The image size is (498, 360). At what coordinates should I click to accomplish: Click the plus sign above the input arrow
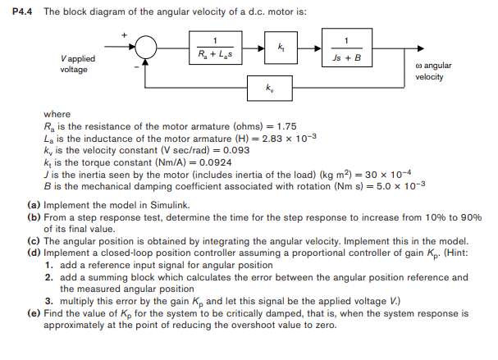coord(125,34)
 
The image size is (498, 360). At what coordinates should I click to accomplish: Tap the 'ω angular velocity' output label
coord(432,71)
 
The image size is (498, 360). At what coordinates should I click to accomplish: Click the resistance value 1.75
coord(286,126)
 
